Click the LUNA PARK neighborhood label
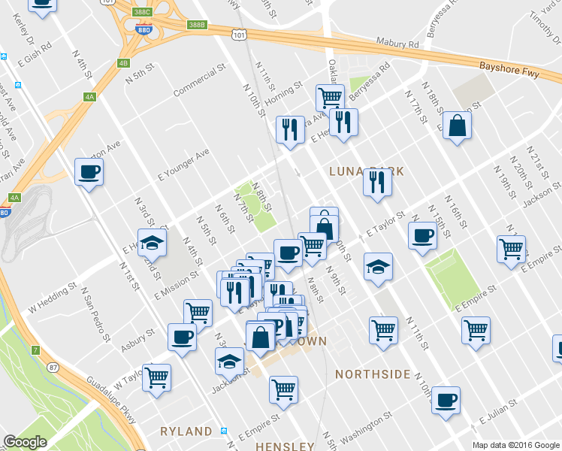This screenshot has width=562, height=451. click(x=367, y=171)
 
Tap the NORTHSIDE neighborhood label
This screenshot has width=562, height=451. click(x=373, y=374)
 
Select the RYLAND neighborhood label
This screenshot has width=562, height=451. click(x=186, y=431)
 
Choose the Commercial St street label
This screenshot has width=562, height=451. click(x=199, y=80)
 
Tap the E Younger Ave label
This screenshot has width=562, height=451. click(x=183, y=165)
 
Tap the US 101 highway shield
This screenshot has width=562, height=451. click(x=239, y=35)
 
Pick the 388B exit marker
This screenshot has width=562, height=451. click(x=196, y=24)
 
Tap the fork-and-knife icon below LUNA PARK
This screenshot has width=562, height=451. click(x=377, y=182)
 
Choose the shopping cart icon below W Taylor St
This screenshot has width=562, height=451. click(x=156, y=377)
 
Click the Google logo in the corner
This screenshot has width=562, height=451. click(x=25, y=442)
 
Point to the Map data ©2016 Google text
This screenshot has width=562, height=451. click(x=515, y=445)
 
